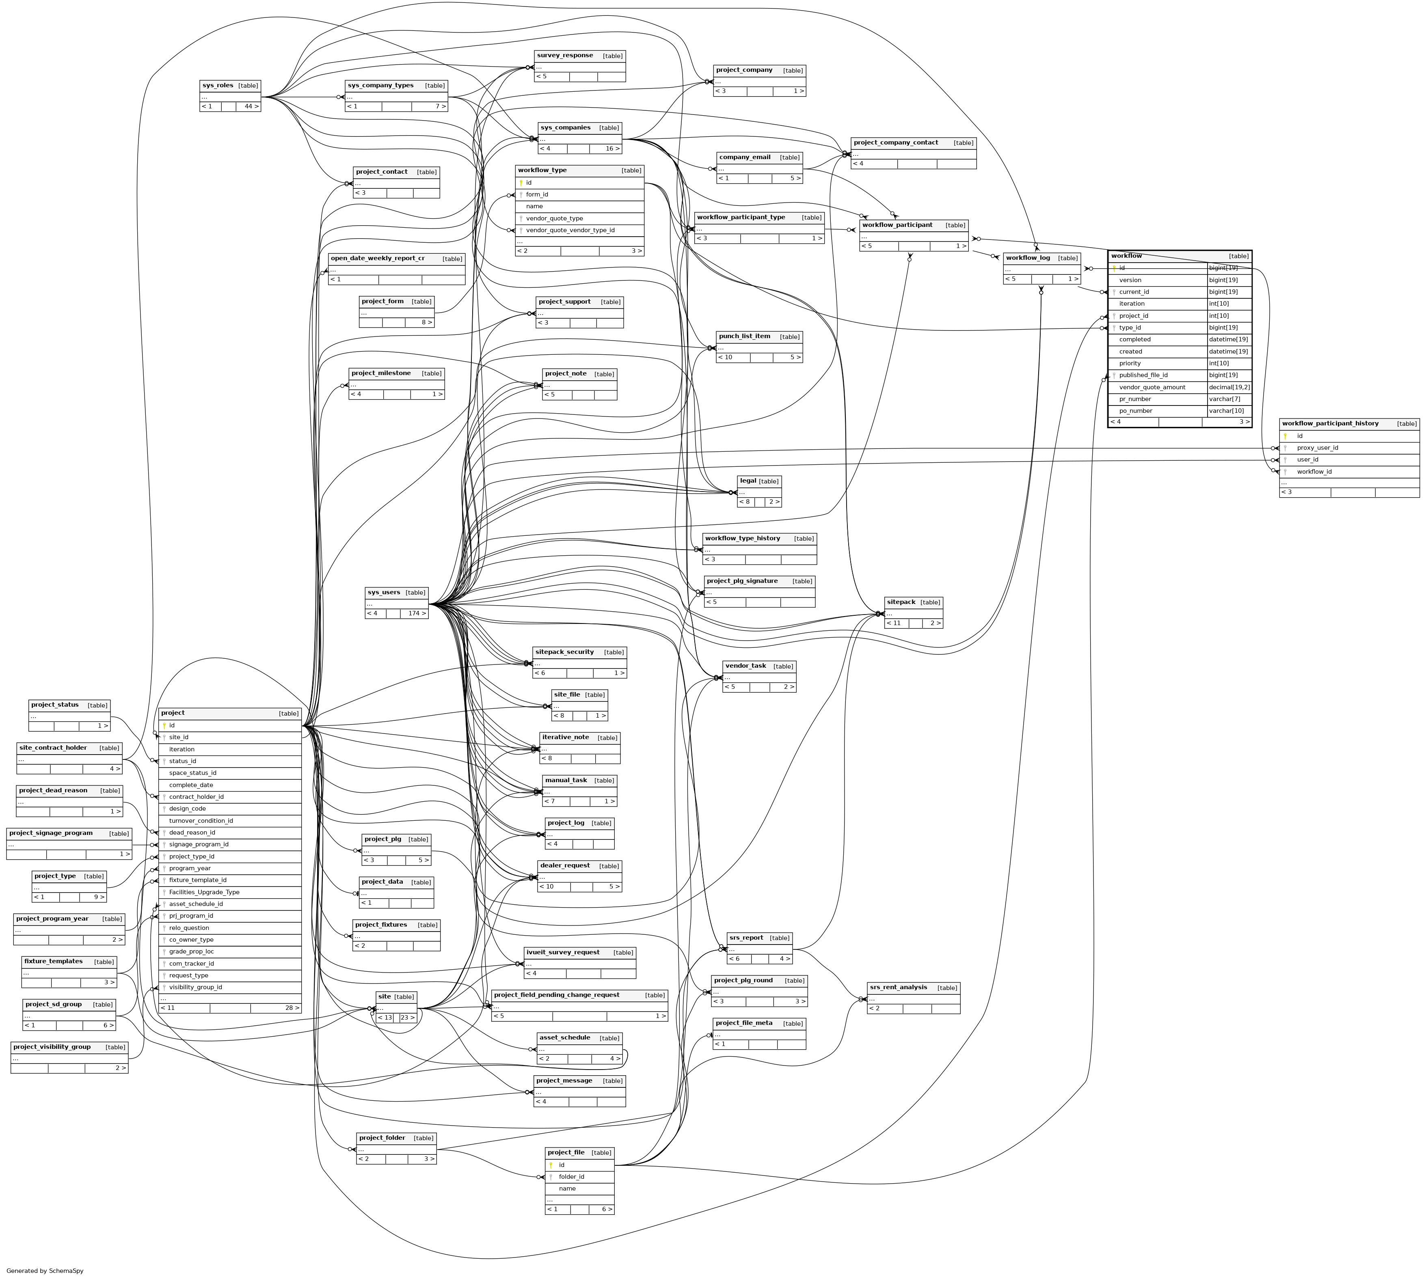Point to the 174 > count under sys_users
coord(417,613)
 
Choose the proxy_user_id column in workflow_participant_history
coord(1317,448)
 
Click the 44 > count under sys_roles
coord(251,107)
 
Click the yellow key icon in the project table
coord(164,725)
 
